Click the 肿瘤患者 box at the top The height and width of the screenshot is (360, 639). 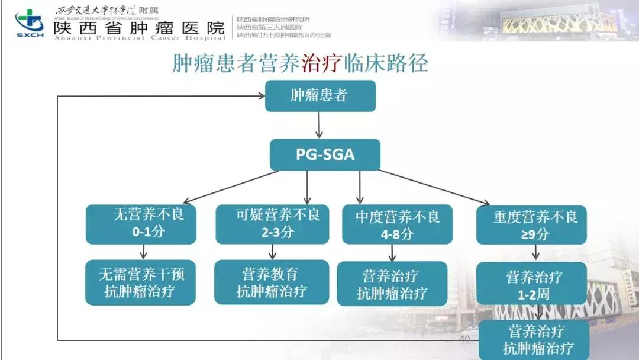click(x=320, y=96)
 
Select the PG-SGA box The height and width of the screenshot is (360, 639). click(x=325, y=155)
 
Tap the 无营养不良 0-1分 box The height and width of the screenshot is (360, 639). click(x=141, y=224)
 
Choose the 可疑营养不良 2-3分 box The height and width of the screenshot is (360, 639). click(x=272, y=224)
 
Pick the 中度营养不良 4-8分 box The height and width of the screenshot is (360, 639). click(x=397, y=224)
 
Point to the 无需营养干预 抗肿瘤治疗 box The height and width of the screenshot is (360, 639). click(x=141, y=282)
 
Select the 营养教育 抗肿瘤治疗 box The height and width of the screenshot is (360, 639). click(x=272, y=282)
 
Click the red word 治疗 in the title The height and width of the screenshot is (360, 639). click(x=322, y=63)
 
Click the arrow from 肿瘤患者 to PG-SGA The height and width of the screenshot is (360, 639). click(x=320, y=125)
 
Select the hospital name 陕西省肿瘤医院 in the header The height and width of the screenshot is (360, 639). click(x=140, y=27)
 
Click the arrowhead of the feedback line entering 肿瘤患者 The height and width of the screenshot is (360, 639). click(x=260, y=95)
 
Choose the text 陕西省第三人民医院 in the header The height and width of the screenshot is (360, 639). click(x=269, y=27)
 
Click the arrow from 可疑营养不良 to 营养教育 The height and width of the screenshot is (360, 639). click(x=273, y=252)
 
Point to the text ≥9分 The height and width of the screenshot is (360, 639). click(x=535, y=234)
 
